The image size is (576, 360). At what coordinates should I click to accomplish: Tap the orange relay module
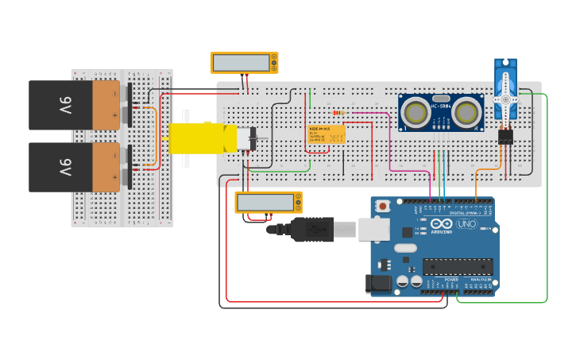coord(326,134)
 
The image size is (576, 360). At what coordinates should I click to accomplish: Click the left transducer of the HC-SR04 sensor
coord(415,113)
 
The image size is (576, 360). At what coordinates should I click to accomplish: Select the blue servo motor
coord(505,83)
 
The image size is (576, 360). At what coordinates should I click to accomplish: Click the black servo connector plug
coord(505,137)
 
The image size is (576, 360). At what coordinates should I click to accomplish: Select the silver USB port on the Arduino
coord(373,230)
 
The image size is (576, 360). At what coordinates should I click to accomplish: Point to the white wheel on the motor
coord(185,138)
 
